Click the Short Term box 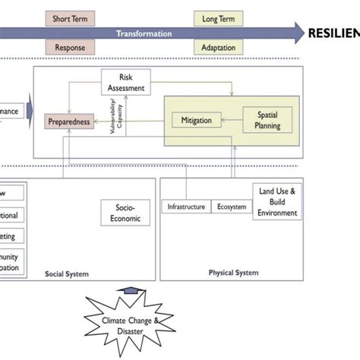pyautogui.click(x=70, y=18)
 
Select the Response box pyautogui.click(x=70, y=48)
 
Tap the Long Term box pyautogui.click(x=218, y=18)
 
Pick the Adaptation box pyautogui.click(x=218, y=48)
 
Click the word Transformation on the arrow pyautogui.click(x=144, y=33)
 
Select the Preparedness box pyautogui.click(x=69, y=121)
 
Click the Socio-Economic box pyautogui.click(x=125, y=212)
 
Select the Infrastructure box pyautogui.click(x=185, y=206)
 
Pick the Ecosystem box pyautogui.click(x=231, y=206)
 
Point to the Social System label pyautogui.click(x=66, y=273)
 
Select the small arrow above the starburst pyautogui.click(x=131, y=291)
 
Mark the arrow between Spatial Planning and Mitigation pyautogui.click(x=232, y=119)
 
